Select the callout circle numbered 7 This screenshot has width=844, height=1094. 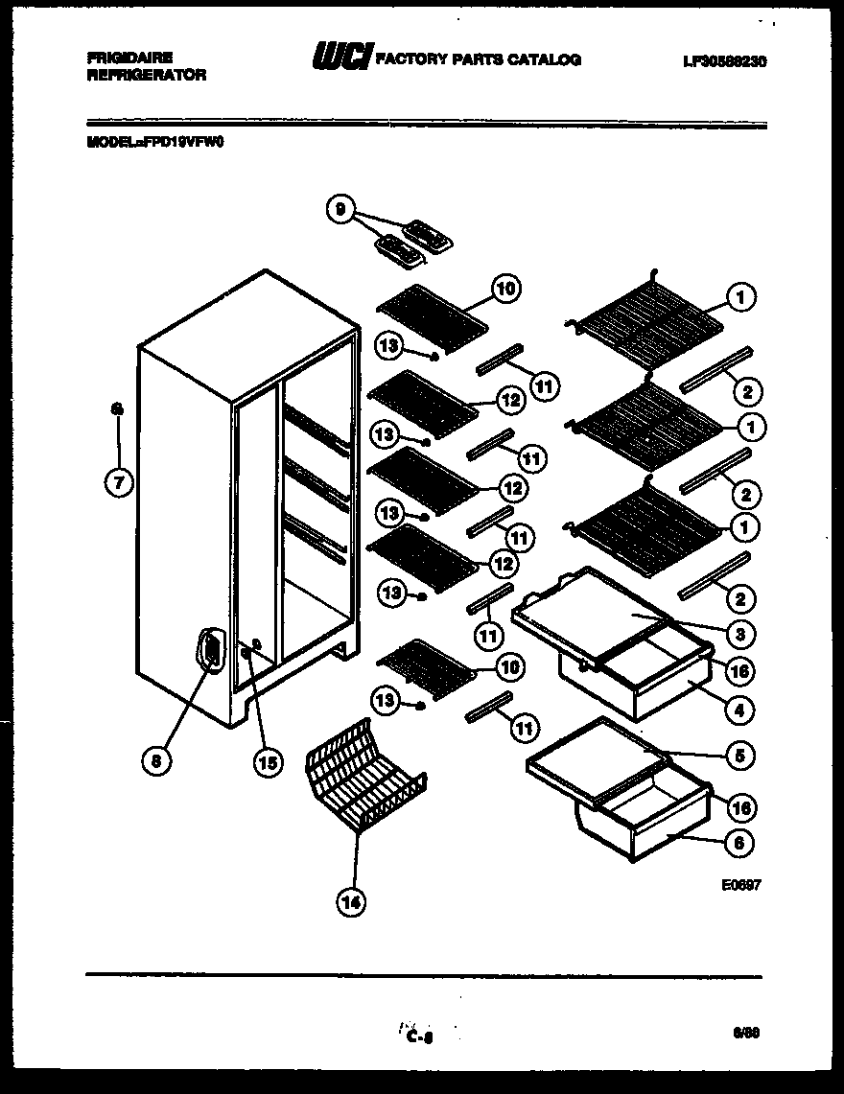click(118, 483)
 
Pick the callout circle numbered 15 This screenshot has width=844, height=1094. click(268, 762)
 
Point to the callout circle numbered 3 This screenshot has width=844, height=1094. click(739, 634)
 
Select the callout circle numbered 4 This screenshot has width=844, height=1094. click(739, 710)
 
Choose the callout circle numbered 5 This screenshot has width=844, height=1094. click(739, 755)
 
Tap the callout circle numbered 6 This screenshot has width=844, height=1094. click(739, 843)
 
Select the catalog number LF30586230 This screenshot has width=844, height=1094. click(726, 61)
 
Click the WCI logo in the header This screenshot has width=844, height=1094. click(340, 58)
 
